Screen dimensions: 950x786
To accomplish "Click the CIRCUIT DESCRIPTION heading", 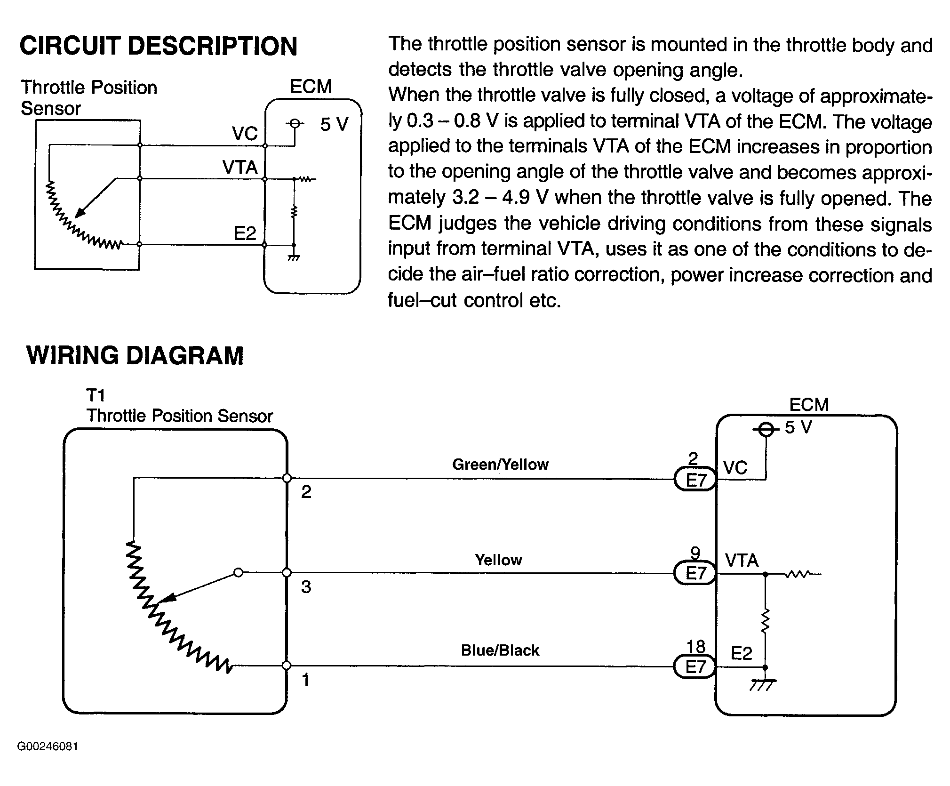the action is point(159,46).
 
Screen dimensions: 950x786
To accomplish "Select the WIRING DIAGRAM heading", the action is point(135,355).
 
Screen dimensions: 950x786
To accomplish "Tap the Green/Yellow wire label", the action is point(500,465).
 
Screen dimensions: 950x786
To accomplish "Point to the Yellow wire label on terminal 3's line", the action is point(498,560).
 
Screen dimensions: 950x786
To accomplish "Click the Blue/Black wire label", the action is point(500,650).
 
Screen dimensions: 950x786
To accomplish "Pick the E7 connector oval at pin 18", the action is point(695,667).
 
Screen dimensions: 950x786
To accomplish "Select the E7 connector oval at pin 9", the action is point(695,573).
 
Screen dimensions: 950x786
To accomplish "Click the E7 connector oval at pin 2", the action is point(695,480).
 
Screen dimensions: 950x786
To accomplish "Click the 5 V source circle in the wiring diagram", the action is point(766,429).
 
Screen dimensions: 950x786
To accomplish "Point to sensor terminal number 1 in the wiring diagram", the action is point(306,680).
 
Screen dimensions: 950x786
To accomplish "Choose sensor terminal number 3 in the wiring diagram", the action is point(306,587).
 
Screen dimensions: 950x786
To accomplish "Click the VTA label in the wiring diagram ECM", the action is point(742,561).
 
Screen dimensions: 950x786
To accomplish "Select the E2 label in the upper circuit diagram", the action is point(245,233).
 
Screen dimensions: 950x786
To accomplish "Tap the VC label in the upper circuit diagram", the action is point(245,134).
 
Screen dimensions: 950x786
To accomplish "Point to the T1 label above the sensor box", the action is point(96,395).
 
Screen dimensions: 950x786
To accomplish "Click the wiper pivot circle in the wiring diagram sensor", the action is point(239,573).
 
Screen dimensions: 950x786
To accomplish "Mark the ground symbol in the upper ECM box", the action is point(294,257).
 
